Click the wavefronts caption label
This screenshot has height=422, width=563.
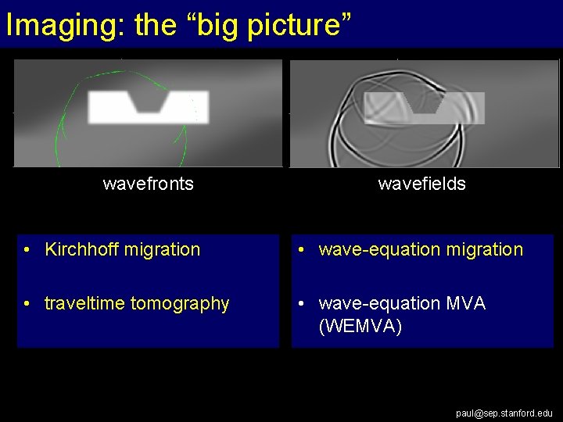pyautogui.click(x=149, y=184)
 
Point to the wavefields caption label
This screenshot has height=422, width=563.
pyautogui.click(x=421, y=184)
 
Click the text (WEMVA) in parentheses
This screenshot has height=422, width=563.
pyautogui.click(x=360, y=326)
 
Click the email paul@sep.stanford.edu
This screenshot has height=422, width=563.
pyautogui.click(x=504, y=413)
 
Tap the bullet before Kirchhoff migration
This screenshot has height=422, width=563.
pyautogui.click(x=27, y=250)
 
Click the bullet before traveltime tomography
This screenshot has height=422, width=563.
pyautogui.click(x=27, y=303)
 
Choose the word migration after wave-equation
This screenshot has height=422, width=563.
pyautogui.click(x=484, y=250)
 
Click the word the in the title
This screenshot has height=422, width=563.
pyautogui.click(x=156, y=25)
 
